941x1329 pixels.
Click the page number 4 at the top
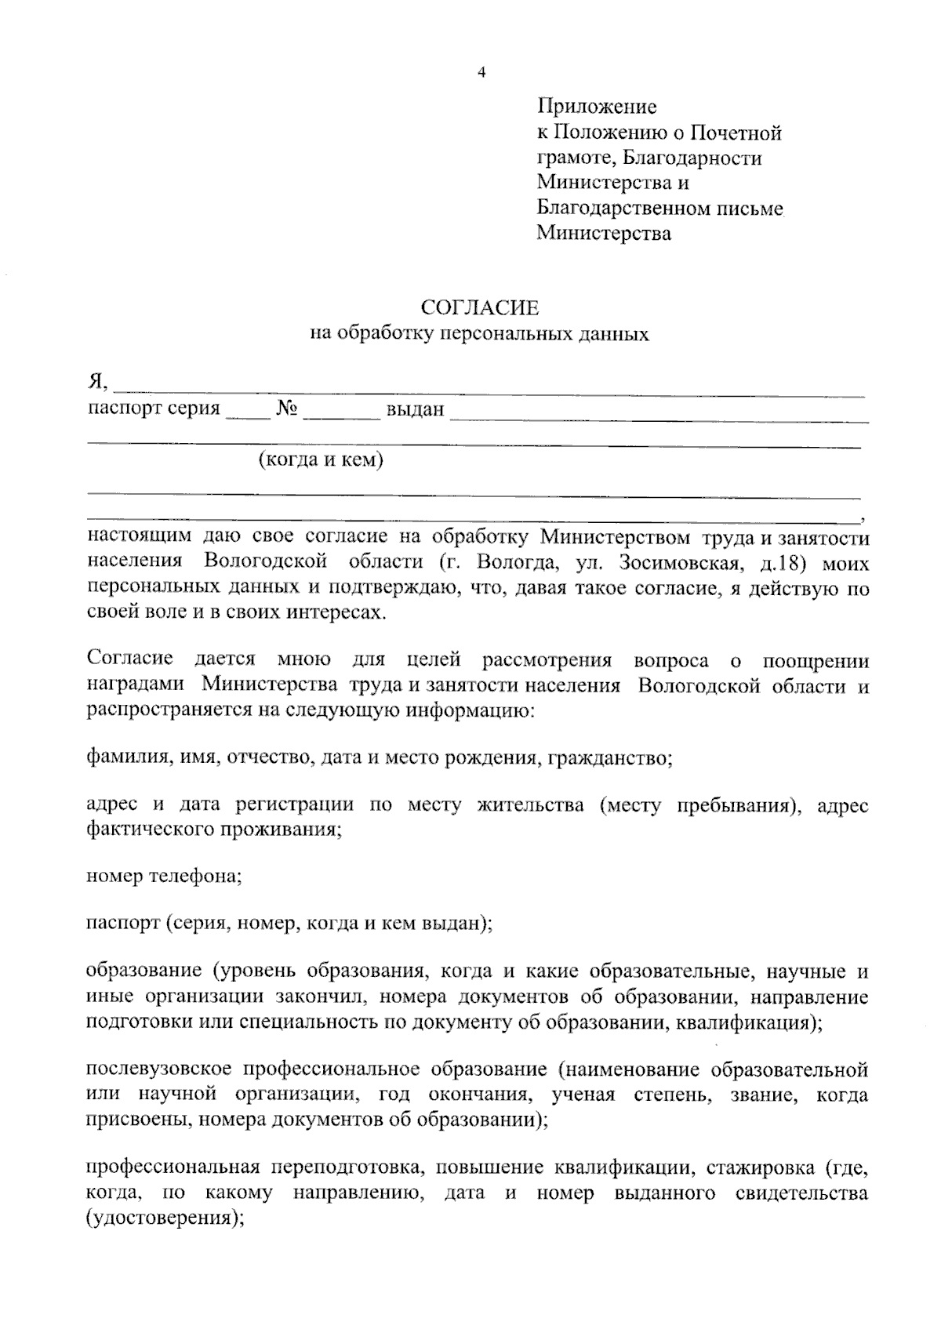pyautogui.click(x=481, y=73)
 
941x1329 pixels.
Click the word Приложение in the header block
pyautogui.click(x=597, y=106)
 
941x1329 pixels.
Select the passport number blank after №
pyautogui.click(x=341, y=412)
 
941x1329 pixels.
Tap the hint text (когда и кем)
pyautogui.click(x=321, y=459)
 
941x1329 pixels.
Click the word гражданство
pyautogui.click(x=610, y=758)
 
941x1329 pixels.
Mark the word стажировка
pyautogui.click(x=760, y=1167)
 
